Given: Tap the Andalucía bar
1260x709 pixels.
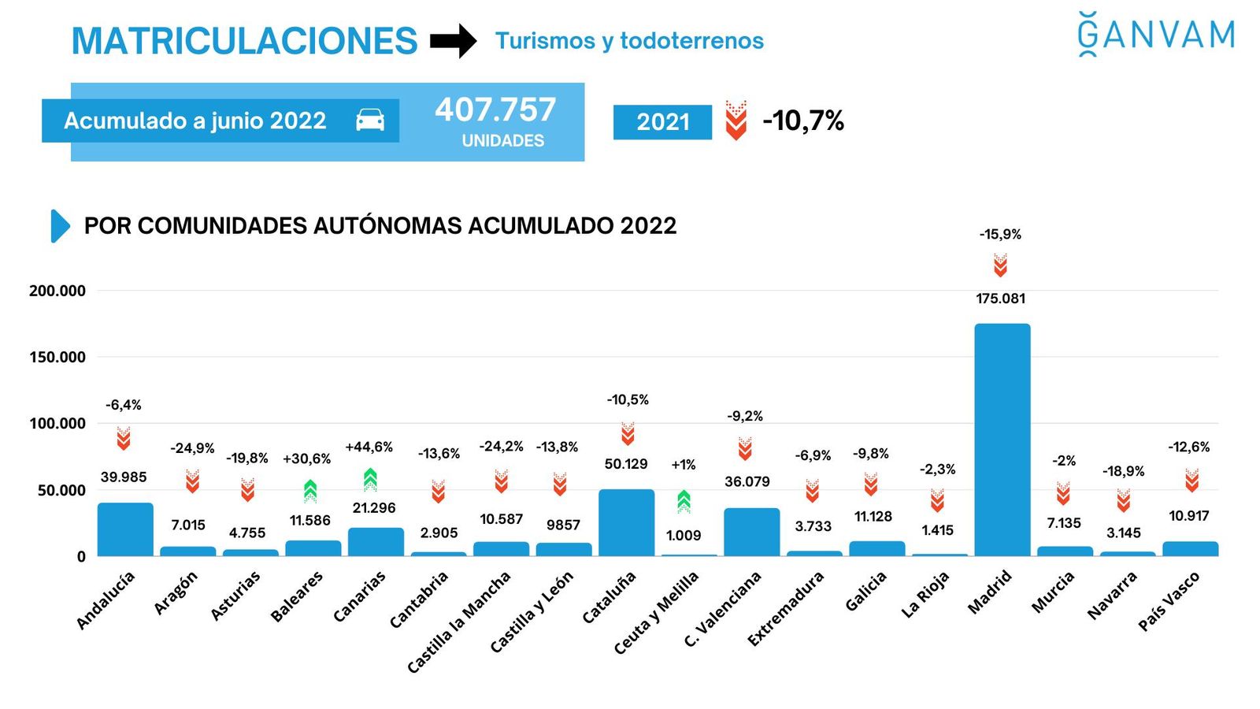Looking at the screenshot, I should click(x=125, y=529).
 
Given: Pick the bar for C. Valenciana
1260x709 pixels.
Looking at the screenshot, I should click(x=751, y=532).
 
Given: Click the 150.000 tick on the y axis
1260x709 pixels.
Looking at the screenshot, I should click(x=57, y=357).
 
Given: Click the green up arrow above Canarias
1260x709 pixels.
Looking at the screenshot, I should click(x=370, y=479).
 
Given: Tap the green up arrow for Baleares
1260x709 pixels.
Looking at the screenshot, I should click(x=310, y=491).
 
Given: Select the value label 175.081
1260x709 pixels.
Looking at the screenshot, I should click(x=1000, y=299).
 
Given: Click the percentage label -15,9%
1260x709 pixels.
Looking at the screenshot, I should click(x=1000, y=234).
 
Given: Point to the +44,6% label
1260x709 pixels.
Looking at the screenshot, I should click(x=369, y=447).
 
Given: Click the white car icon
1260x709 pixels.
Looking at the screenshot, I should click(x=370, y=121).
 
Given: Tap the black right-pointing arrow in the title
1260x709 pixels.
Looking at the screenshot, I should click(x=454, y=41).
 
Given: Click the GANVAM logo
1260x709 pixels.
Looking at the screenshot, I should click(x=1155, y=35).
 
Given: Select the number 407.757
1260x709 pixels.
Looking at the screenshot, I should click(x=495, y=110).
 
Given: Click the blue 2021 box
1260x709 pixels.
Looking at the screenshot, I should click(x=662, y=122).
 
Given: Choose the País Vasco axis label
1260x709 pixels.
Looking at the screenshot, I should click(x=1169, y=600).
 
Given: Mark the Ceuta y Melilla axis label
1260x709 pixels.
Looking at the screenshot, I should click(x=656, y=612).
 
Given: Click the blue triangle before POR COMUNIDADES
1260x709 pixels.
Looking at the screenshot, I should click(x=60, y=226).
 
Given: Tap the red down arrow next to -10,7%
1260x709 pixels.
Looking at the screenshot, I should click(x=736, y=121).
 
